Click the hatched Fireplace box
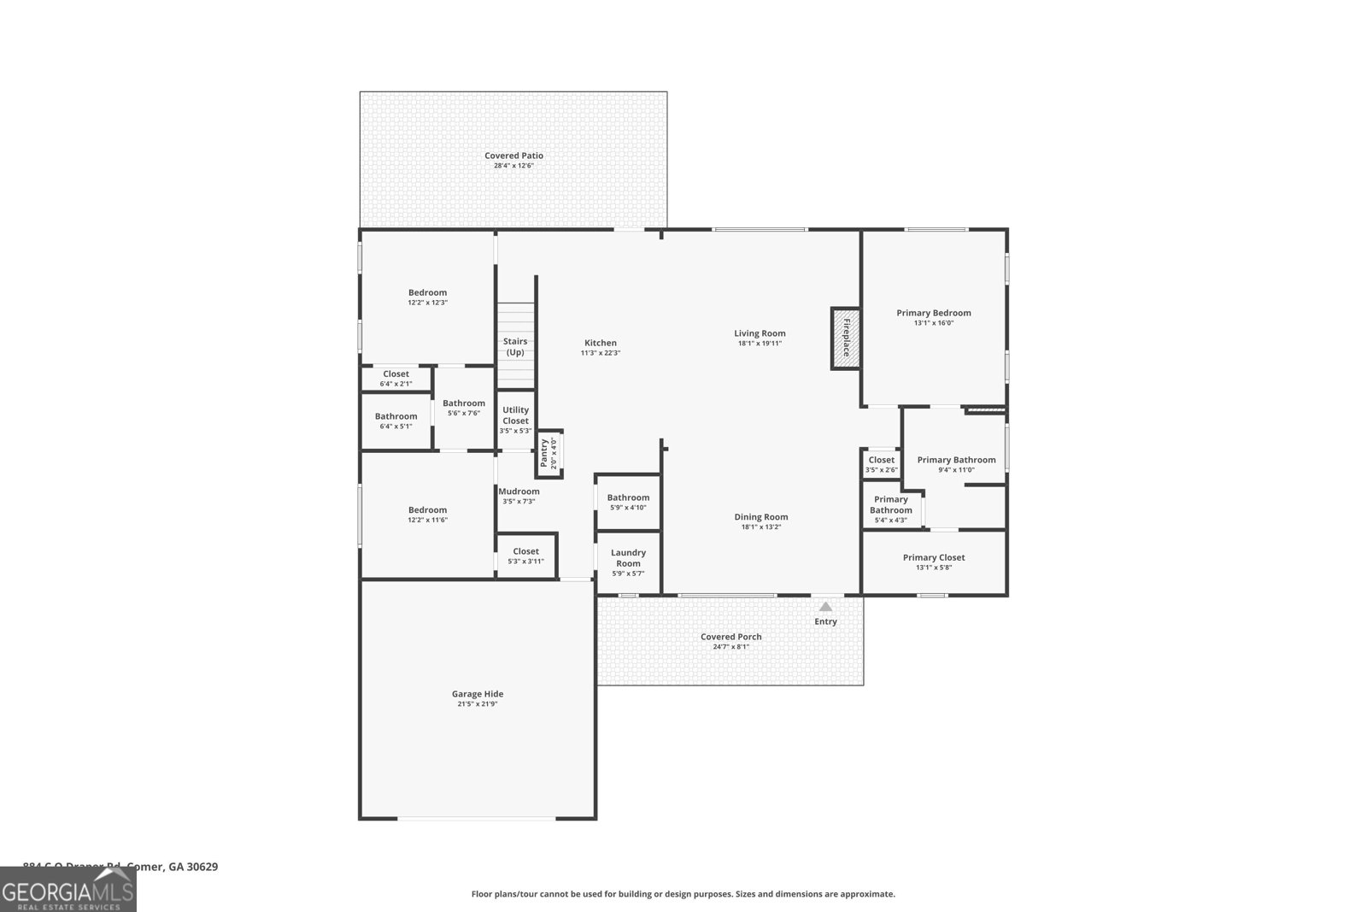[x=846, y=338]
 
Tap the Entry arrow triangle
[x=825, y=607]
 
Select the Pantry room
[x=549, y=453]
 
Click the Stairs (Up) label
[x=515, y=347]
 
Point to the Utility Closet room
[x=515, y=420]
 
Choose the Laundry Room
[x=628, y=562]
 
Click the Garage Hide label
[x=477, y=694]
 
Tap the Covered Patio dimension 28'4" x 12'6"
[x=513, y=166]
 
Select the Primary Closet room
[x=934, y=562]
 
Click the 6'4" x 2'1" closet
[x=396, y=379]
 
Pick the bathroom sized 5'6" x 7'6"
[x=464, y=408]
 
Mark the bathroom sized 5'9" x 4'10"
[x=628, y=502]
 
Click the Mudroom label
[x=519, y=491]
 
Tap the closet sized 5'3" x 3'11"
[x=525, y=556]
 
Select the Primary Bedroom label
[x=933, y=313]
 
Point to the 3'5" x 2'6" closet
[x=881, y=464]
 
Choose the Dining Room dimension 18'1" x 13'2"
[x=760, y=527]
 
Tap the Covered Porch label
[x=730, y=637]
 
